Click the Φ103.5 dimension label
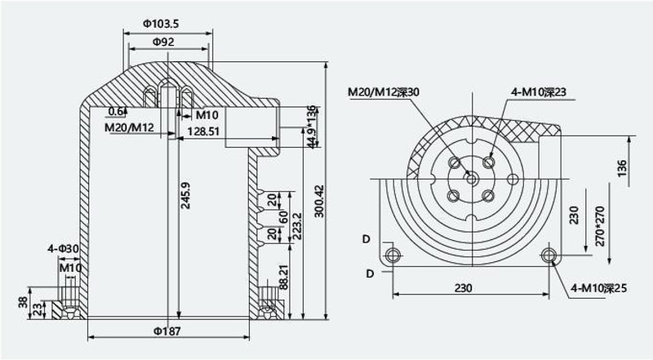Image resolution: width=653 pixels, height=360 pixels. pyautogui.click(x=161, y=24)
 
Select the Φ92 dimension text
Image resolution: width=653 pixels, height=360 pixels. pyautogui.click(x=163, y=42)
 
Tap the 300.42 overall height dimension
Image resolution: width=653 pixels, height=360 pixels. pyautogui.click(x=319, y=201)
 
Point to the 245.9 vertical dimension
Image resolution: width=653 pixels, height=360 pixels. pyautogui.click(x=185, y=195)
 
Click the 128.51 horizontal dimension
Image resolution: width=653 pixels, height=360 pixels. pyautogui.click(x=202, y=131)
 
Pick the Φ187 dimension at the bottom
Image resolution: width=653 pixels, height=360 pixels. pyautogui.click(x=167, y=331)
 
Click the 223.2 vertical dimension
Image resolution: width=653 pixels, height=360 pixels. pyautogui.click(x=297, y=226)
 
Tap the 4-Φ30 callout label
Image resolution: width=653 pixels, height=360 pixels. pyautogui.click(x=64, y=249)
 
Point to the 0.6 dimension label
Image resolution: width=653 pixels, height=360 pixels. pyautogui.click(x=116, y=111)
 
